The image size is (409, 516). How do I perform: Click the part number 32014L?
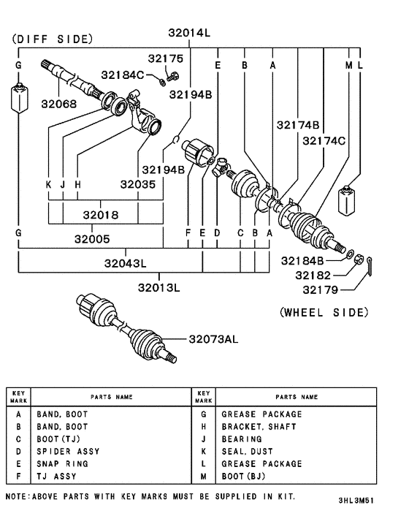[x=189, y=33]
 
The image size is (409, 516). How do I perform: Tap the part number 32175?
[x=167, y=58]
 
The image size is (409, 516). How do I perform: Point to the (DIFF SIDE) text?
[x=53, y=39]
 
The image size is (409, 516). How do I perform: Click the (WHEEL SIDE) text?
[x=324, y=312]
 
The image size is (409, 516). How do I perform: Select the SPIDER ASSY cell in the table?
[x=73, y=451]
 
